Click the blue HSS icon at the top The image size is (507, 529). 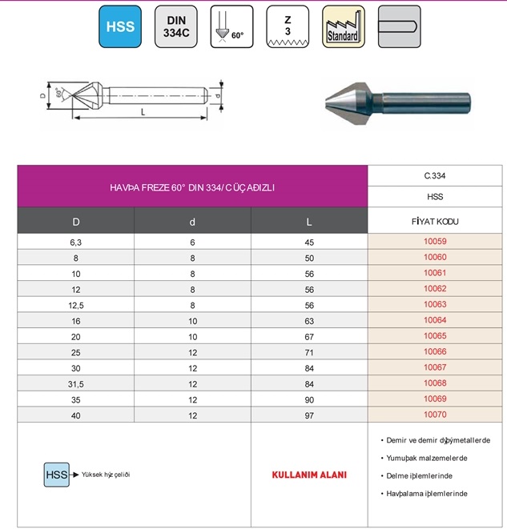120,26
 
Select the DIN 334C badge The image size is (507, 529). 176,26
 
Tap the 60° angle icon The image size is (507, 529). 231,26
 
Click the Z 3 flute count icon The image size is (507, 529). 287,26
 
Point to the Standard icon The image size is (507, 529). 343,26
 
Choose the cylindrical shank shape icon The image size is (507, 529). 398,26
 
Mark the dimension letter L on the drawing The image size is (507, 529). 143,113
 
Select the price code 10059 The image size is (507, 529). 435,242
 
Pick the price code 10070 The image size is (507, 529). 435,415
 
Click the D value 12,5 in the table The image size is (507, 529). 75,305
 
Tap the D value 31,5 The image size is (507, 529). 75,383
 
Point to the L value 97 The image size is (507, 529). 309,415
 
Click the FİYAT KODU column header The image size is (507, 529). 435,220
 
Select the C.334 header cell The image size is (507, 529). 435,175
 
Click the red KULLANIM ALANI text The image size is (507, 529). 309,475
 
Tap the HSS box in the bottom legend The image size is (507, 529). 56,474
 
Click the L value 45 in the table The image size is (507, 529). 309,242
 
